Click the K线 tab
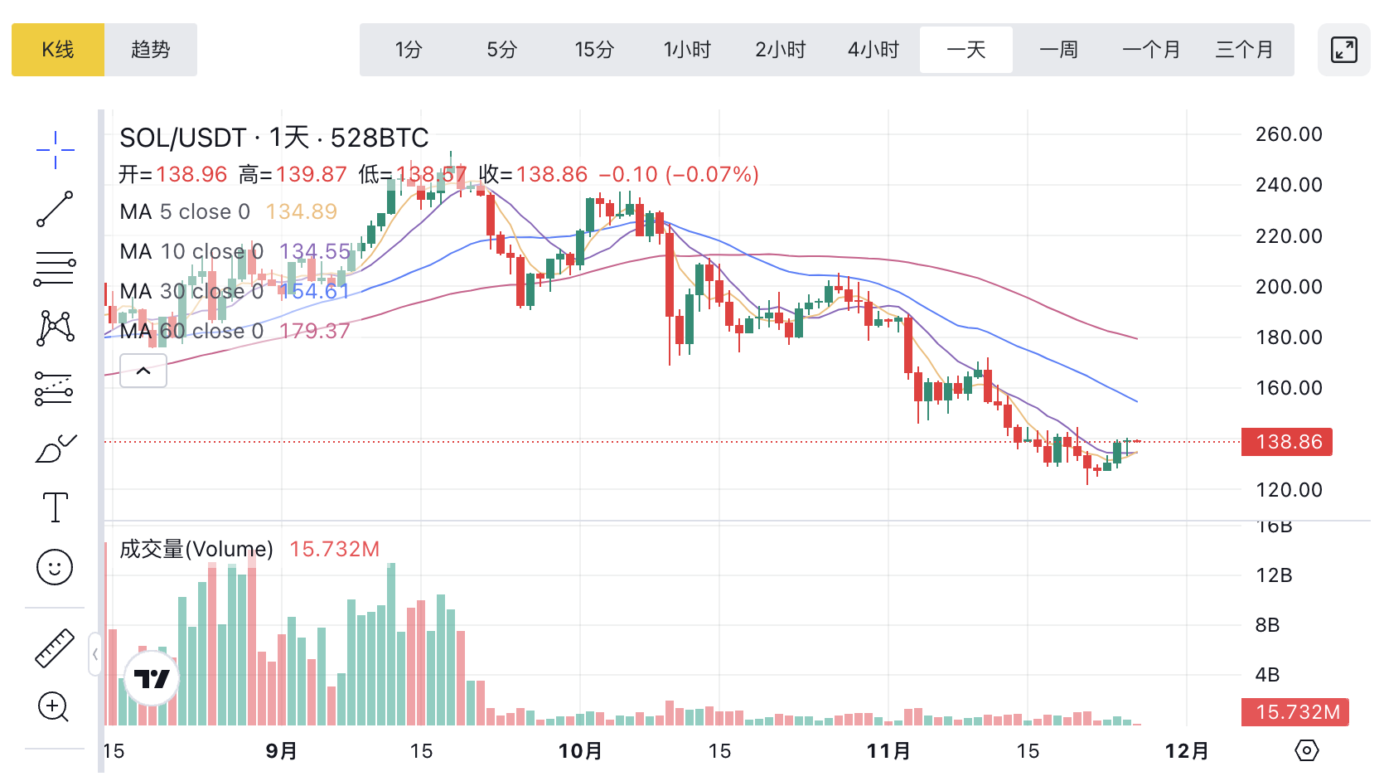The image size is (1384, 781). click(58, 50)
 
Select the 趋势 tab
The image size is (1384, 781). click(151, 50)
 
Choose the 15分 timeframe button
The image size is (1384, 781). click(594, 50)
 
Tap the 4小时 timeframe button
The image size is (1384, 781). click(873, 50)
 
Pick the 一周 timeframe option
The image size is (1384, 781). click(1058, 50)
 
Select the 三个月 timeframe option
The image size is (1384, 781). click(1244, 50)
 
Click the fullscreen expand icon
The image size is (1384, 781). click(1343, 50)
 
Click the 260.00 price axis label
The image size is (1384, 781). click(1289, 134)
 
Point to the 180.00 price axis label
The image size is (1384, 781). click(1289, 337)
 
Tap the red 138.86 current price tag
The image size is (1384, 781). click(1287, 442)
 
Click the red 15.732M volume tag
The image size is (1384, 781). click(1295, 712)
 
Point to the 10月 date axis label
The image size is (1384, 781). click(580, 751)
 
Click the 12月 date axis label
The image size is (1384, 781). click(1187, 751)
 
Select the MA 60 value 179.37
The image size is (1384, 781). click(315, 331)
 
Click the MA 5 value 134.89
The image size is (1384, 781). click(302, 211)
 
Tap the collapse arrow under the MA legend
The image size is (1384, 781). click(143, 371)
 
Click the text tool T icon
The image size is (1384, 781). click(56, 507)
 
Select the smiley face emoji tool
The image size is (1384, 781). click(56, 567)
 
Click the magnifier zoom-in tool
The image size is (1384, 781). click(54, 706)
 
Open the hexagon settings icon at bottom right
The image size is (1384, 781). click(1306, 751)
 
